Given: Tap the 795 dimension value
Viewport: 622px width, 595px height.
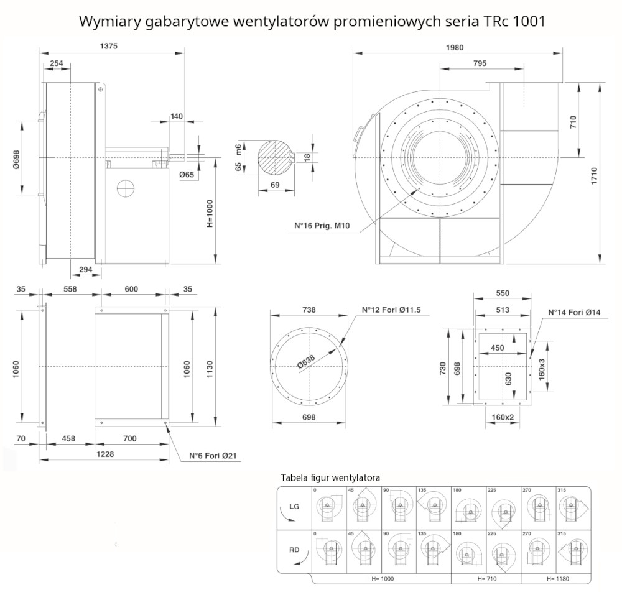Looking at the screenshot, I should [480, 63].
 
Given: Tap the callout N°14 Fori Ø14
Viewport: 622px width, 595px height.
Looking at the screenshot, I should [574, 312].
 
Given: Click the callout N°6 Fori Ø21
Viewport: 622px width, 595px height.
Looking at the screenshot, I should [213, 456].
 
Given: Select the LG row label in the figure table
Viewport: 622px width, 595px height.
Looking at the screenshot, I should [294, 507].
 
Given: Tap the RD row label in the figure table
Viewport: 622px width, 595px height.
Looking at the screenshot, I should [294, 550].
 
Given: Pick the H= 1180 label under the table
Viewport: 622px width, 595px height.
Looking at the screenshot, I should [557, 578].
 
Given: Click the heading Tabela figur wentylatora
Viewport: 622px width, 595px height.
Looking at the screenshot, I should [330, 477].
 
